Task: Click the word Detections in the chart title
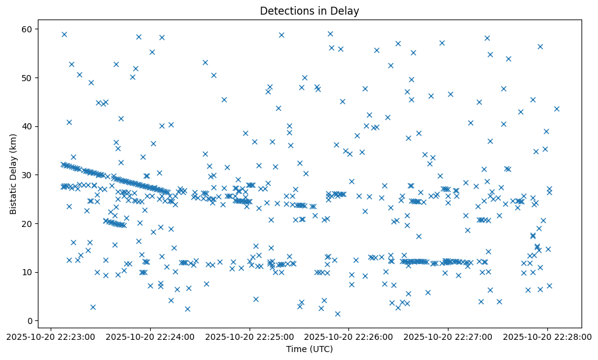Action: [x=285, y=10]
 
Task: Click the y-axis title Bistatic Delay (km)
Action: [x=13, y=174]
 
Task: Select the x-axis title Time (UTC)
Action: [x=309, y=350]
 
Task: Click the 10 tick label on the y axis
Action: [x=27, y=272]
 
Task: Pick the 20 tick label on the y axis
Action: [x=27, y=223]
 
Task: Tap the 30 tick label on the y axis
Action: [x=27, y=175]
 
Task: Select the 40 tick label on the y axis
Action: [x=27, y=126]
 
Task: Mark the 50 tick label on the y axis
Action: [x=27, y=78]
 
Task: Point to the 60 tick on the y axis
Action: [x=27, y=29]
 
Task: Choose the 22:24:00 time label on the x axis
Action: [x=149, y=336]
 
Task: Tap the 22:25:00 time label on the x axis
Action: [x=249, y=336]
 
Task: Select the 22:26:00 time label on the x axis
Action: [x=348, y=336]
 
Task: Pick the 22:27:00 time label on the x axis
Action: [x=448, y=336]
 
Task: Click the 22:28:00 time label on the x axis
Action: [x=547, y=336]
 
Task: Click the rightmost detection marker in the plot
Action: [x=557, y=109]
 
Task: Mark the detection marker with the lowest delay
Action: [x=337, y=314]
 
